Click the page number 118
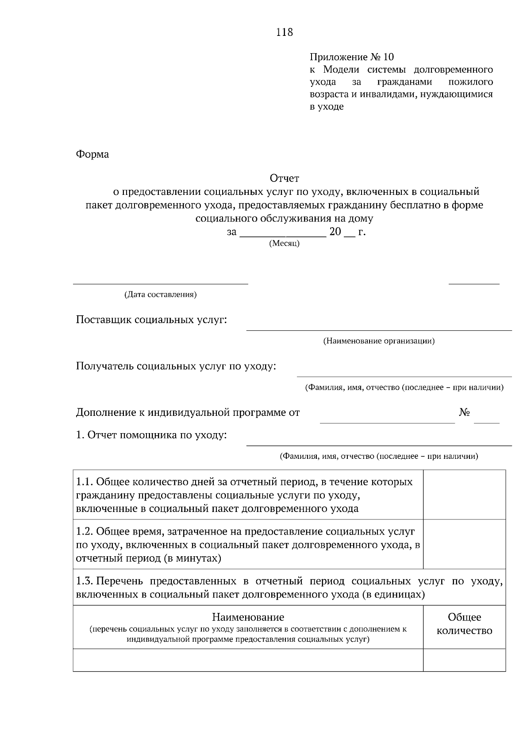[284, 32]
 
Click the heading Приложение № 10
[351, 57]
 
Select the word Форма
[92, 155]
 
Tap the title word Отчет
[284, 178]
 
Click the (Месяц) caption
[284, 244]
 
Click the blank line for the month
[283, 235]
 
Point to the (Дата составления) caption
[160, 295]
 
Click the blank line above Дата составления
[160, 283]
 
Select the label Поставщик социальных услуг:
[151, 320]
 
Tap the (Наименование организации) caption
[379, 341]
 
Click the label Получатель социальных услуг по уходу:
[176, 366]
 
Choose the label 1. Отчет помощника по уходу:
[151, 435]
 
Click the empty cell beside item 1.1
[464, 495]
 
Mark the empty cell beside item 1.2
[464, 544]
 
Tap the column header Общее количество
[464, 624]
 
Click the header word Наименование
[248, 617]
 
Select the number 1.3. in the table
[85, 581]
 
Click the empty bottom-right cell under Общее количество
[464, 660]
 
